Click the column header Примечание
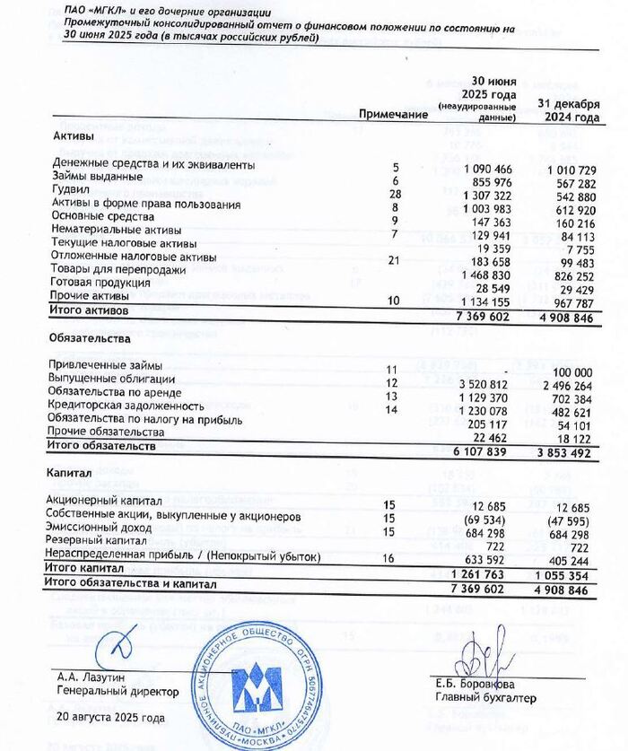click(x=392, y=116)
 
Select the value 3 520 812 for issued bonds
click(x=484, y=381)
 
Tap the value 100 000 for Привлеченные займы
click(x=577, y=369)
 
